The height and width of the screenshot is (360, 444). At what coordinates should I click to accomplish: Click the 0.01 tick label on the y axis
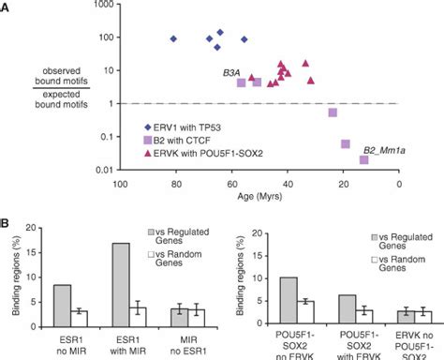pos(100,169)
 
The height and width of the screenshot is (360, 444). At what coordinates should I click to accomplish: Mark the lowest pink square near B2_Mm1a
pos(363,159)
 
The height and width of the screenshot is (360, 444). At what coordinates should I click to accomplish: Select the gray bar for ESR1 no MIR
pos(62,306)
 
